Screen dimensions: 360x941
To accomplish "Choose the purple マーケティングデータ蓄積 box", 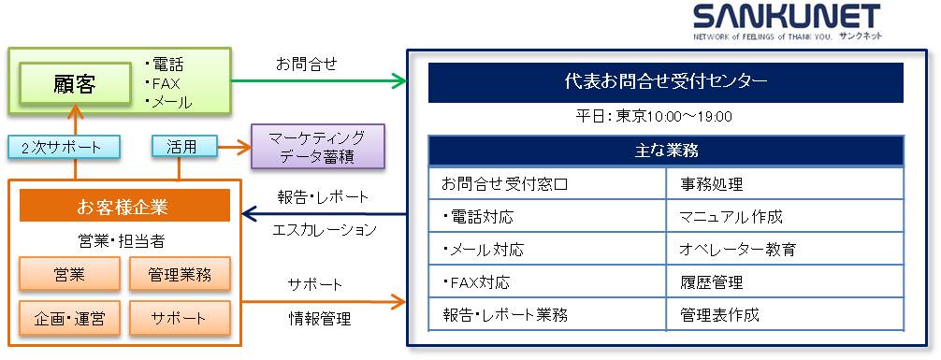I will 317,147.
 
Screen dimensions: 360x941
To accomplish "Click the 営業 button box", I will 69,275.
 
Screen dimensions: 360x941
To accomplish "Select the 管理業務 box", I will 180,275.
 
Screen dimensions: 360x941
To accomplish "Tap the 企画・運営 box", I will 69,318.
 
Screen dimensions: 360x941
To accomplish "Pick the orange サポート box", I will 180,318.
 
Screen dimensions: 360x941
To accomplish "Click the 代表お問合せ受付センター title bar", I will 665,82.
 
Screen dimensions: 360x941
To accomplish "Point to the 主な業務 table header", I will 666,151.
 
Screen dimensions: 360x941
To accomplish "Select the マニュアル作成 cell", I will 731,217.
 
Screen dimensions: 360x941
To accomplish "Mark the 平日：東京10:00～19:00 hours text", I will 654,117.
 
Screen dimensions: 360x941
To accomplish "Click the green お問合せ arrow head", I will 400,81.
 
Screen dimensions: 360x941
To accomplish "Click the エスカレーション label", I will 325,229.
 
